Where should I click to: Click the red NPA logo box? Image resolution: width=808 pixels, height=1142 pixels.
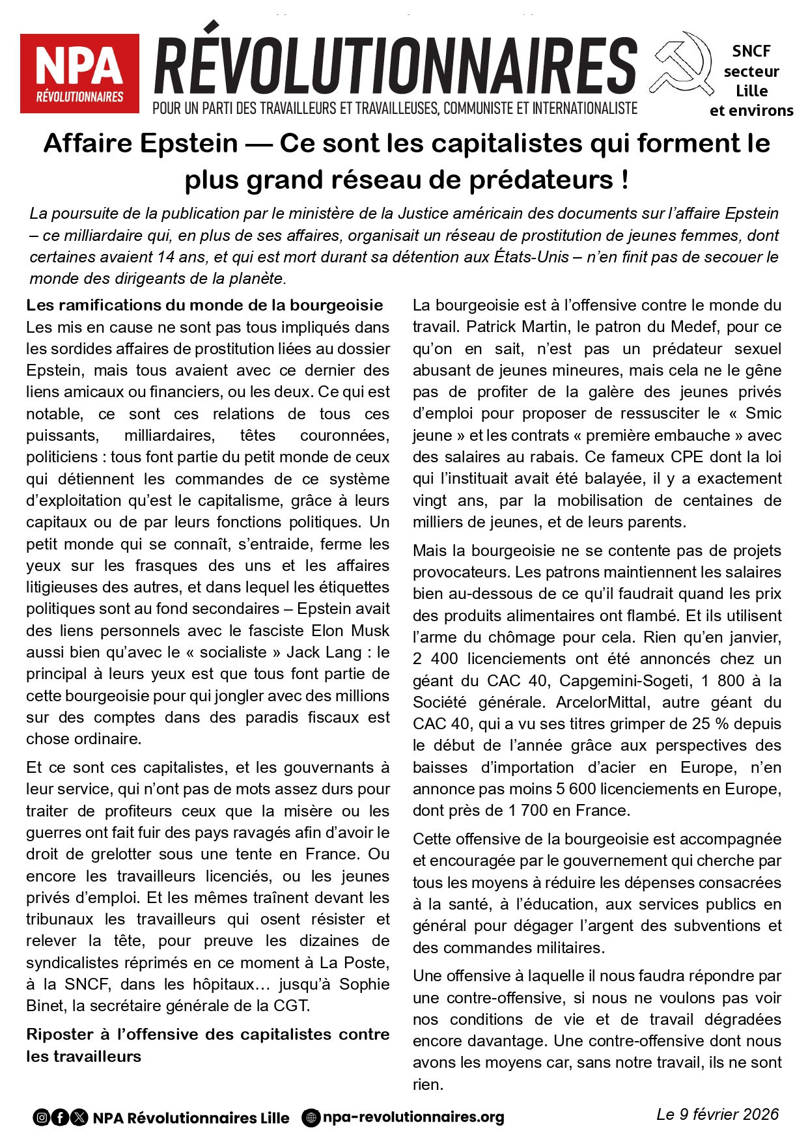(x=79, y=73)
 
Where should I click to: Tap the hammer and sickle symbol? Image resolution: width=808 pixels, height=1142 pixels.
(x=681, y=64)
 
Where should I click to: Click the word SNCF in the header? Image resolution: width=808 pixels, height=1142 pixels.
(x=751, y=51)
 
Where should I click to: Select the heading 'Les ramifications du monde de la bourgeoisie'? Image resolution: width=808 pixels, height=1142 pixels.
(x=204, y=305)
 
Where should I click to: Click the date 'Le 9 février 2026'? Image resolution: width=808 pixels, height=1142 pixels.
(x=717, y=1115)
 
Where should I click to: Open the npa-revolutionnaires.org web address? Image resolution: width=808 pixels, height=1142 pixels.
(x=413, y=1117)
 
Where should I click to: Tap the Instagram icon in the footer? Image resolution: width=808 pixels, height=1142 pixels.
(x=42, y=1118)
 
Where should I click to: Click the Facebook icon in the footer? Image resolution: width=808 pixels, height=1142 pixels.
(x=60, y=1118)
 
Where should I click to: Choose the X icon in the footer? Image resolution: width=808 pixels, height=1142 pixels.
(x=79, y=1118)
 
